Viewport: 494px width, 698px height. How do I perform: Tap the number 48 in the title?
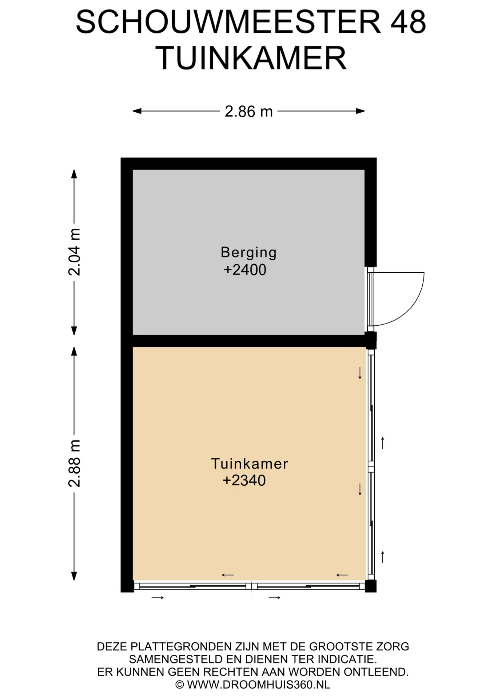(408, 22)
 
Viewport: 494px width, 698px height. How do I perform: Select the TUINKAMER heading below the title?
(253, 58)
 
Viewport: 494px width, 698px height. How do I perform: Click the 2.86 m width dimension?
(249, 111)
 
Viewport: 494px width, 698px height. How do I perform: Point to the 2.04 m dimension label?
(75, 252)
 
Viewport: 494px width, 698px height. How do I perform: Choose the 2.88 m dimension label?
(75, 464)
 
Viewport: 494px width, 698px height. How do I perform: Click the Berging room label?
(249, 253)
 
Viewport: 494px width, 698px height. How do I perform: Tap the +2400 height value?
(245, 270)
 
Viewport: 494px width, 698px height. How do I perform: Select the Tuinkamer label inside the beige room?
(250, 464)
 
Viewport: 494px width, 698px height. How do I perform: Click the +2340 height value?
(244, 481)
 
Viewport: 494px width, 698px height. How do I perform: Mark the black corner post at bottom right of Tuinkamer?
(371, 586)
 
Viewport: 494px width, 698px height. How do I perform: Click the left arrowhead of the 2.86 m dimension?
(137, 111)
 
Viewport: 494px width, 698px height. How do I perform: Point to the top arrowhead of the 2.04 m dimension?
(74, 174)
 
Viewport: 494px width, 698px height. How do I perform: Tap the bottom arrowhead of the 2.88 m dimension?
(74, 576)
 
